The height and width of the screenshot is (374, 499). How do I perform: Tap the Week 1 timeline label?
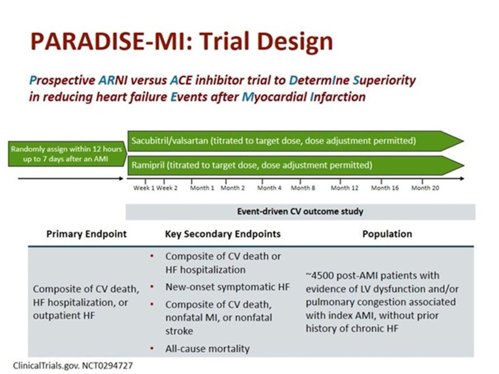point(144,188)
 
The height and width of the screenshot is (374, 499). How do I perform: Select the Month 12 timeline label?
point(344,188)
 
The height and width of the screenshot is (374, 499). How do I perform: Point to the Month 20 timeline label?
point(425,188)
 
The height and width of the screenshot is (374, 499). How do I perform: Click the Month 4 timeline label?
point(269,188)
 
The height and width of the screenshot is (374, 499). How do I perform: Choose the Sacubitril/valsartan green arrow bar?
point(296,141)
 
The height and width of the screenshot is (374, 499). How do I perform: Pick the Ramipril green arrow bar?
point(296,165)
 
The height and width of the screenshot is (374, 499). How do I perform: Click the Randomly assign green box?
point(67,154)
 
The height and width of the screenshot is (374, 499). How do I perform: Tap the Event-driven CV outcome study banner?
point(300,212)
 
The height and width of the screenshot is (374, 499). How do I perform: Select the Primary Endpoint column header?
point(87,234)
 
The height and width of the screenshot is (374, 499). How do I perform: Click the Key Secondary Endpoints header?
point(223,234)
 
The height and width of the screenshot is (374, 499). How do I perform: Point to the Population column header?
point(387,234)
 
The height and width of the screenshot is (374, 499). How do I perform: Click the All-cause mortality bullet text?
point(207,349)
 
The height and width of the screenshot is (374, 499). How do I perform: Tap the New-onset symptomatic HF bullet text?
point(228,287)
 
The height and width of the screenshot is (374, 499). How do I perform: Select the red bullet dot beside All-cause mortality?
point(152,348)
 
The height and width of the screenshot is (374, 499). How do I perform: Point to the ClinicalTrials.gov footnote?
point(73,366)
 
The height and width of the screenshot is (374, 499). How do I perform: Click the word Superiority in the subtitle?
point(384,80)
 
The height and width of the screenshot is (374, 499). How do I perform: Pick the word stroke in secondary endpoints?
point(179,331)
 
